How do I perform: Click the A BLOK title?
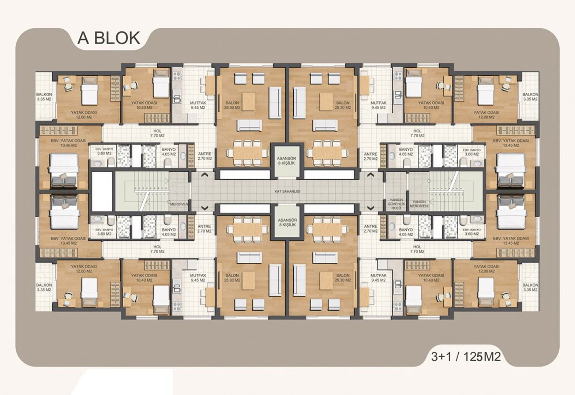(x=109, y=38)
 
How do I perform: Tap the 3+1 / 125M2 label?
(x=466, y=357)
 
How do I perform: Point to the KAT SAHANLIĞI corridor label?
(x=287, y=192)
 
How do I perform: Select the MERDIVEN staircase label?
(x=179, y=204)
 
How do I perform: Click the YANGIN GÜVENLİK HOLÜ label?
(x=396, y=204)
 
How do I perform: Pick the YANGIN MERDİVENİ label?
(x=419, y=204)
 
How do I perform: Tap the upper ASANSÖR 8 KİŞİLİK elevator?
(x=287, y=161)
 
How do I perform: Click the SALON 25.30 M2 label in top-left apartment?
(x=232, y=105)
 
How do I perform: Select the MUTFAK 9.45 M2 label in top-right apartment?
(x=378, y=105)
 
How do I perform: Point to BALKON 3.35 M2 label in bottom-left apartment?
(x=44, y=287)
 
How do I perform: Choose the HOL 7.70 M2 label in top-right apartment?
(x=417, y=133)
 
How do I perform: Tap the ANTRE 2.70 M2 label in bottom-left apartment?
(x=204, y=229)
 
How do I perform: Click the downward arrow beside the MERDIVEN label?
(x=204, y=208)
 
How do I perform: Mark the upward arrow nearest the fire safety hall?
(x=370, y=175)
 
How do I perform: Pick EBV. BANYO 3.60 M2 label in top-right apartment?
(x=471, y=152)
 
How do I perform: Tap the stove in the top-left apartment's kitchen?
(x=177, y=76)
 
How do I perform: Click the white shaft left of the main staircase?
(x=102, y=192)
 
